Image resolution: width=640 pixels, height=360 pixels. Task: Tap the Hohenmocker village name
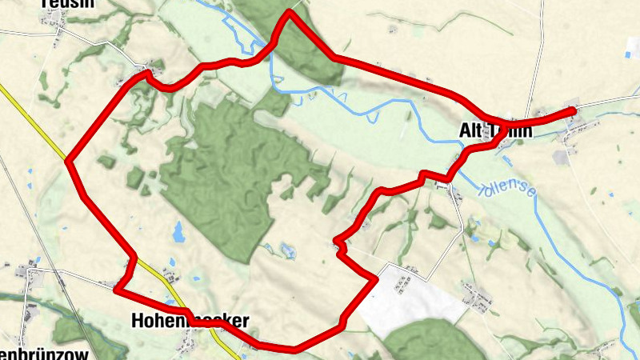[190, 321]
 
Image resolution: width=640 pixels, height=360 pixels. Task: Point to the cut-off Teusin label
[67, 4]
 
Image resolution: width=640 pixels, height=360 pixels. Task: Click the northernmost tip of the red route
[290, 12]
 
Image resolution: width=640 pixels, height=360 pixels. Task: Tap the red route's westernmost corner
[69, 162]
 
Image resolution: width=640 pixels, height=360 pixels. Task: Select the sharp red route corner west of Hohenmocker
[118, 290]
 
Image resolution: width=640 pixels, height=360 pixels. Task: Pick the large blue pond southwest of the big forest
[178, 232]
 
